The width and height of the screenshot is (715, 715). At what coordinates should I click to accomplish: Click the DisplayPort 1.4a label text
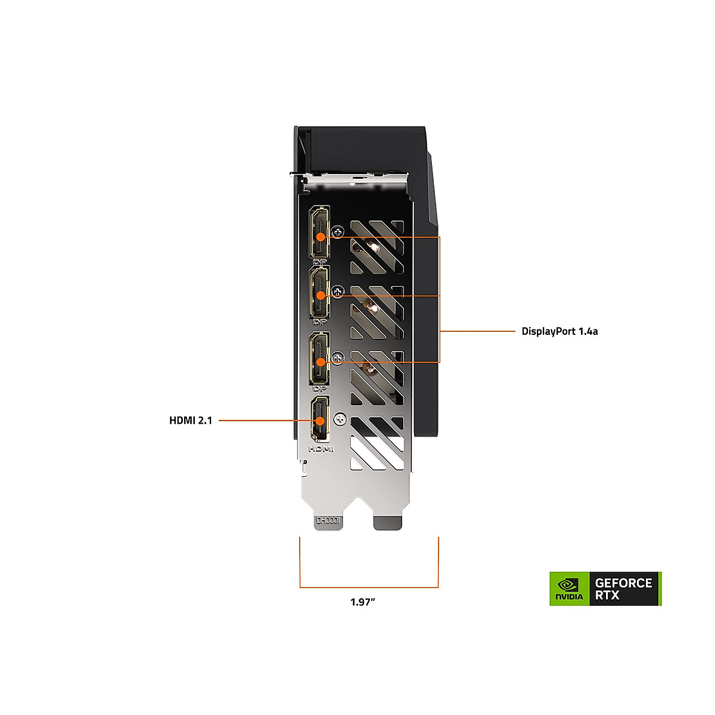(x=559, y=331)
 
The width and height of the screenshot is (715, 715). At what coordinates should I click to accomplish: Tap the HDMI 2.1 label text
(x=191, y=421)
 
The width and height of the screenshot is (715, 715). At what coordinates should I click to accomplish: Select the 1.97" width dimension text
(x=363, y=602)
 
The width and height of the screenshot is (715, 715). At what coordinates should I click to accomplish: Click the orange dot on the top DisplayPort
(x=321, y=237)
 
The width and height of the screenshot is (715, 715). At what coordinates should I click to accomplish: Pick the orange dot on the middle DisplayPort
(x=321, y=295)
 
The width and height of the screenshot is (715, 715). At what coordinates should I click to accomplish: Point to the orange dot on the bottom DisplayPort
(x=321, y=362)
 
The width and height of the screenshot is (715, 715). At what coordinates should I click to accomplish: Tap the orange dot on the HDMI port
(x=321, y=421)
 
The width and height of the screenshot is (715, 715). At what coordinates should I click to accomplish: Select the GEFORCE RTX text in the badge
(x=623, y=589)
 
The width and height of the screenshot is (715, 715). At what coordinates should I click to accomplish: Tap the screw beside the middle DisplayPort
(x=339, y=292)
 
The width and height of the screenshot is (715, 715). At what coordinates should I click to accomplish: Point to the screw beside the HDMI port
(x=340, y=419)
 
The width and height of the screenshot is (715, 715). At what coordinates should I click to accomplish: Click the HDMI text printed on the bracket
(x=321, y=448)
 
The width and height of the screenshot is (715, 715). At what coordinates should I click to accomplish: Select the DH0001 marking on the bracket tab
(x=328, y=521)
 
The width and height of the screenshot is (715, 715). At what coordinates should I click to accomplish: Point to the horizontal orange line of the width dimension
(x=369, y=587)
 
